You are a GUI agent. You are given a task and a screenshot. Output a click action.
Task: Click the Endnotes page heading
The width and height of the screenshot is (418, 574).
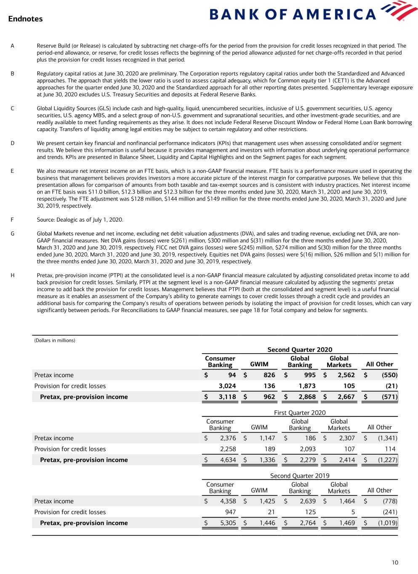[x=25, y=19]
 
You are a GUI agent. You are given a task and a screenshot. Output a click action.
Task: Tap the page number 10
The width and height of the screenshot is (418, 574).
[x=394, y=563]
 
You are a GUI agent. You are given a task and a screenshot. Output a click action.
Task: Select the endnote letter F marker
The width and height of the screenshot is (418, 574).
[x=12, y=220]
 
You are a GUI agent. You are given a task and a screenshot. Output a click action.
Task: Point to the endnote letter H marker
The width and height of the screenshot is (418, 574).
[x=12, y=275]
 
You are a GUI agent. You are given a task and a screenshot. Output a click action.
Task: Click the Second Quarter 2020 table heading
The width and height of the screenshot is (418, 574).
[x=300, y=349]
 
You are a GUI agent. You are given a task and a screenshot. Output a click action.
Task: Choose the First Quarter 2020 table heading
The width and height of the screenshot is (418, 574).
[x=300, y=413]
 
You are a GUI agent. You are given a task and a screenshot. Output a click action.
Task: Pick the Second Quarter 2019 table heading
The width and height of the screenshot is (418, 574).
[x=300, y=476]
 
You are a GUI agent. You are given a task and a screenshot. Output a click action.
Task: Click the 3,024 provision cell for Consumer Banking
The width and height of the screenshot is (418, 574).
[x=227, y=386]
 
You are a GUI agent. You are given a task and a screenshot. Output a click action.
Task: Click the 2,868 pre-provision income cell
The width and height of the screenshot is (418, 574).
[x=307, y=397]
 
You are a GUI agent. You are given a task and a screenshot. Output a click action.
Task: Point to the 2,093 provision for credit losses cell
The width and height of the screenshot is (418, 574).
[x=307, y=449]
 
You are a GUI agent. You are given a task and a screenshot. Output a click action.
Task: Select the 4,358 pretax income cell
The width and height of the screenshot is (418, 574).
[x=228, y=501]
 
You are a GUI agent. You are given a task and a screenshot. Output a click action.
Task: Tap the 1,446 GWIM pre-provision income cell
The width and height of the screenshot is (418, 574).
[x=267, y=523]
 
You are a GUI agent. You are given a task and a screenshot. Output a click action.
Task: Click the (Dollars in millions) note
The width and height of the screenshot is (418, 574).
[x=55, y=341]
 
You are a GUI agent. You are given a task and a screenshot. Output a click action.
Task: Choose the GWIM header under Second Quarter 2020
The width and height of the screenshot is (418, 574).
[x=259, y=364]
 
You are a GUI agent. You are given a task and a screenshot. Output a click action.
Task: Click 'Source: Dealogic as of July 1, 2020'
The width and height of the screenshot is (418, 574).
[x=80, y=220]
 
